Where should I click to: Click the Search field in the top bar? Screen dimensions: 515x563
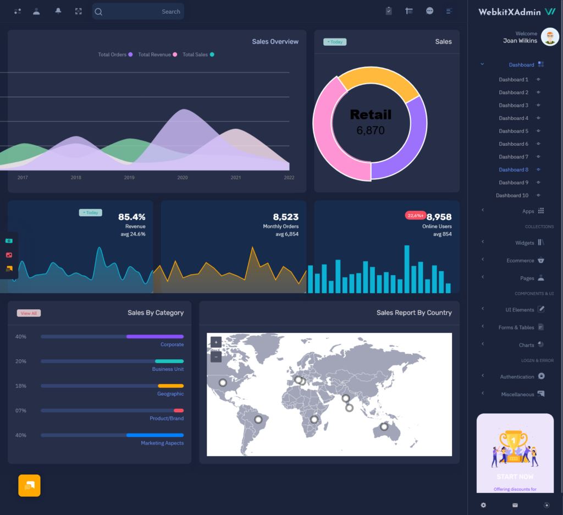pyautogui.click(x=138, y=12)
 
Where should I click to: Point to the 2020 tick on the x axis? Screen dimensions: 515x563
pyautogui.click(x=183, y=178)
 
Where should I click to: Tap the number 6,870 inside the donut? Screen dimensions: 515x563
pyautogui.click(x=371, y=131)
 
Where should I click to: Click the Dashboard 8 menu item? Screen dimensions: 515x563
pyautogui.click(x=514, y=169)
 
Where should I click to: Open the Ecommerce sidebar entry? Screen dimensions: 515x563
pyautogui.click(x=520, y=260)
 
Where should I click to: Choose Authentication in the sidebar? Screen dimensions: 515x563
pyautogui.click(x=517, y=377)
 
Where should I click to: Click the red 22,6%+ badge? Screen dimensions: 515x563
pyautogui.click(x=416, y=216)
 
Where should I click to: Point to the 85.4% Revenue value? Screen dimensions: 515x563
pyautogui.click(x=132, y=217)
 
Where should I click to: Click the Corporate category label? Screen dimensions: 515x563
pyautogui.click(x=172, y=344)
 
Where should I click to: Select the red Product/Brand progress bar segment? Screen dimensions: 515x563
pyautogui.click(x=179, y=410)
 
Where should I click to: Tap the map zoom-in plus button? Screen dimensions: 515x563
pyautogui.click(x=216, y=342)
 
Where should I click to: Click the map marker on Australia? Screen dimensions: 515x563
pyautogui.click(x=384, y=426)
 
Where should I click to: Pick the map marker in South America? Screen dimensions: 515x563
pyautogui.click(x=258, y=419)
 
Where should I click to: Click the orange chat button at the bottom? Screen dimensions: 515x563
pyautogui.click(x=30, y=485)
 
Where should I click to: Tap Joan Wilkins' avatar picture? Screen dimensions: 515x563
pyautogui.click(x=550, y=37)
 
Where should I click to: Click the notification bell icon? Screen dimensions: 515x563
pyautogui.click(x=58, y=11)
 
